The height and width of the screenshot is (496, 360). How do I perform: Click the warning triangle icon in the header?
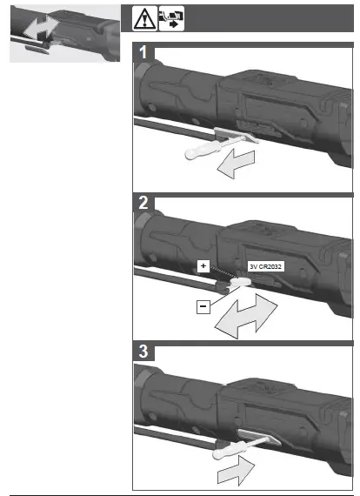click(143, 17)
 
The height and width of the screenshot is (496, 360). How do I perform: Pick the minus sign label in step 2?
click(202, 306)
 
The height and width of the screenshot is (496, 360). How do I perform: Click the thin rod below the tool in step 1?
click(165, 139)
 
